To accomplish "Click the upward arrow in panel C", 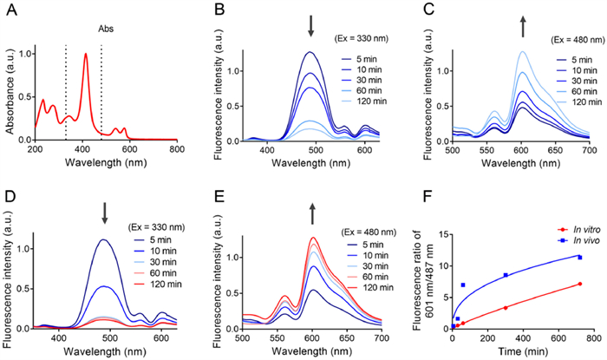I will coord(523,26).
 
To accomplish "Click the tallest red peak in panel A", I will coord(86,55).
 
